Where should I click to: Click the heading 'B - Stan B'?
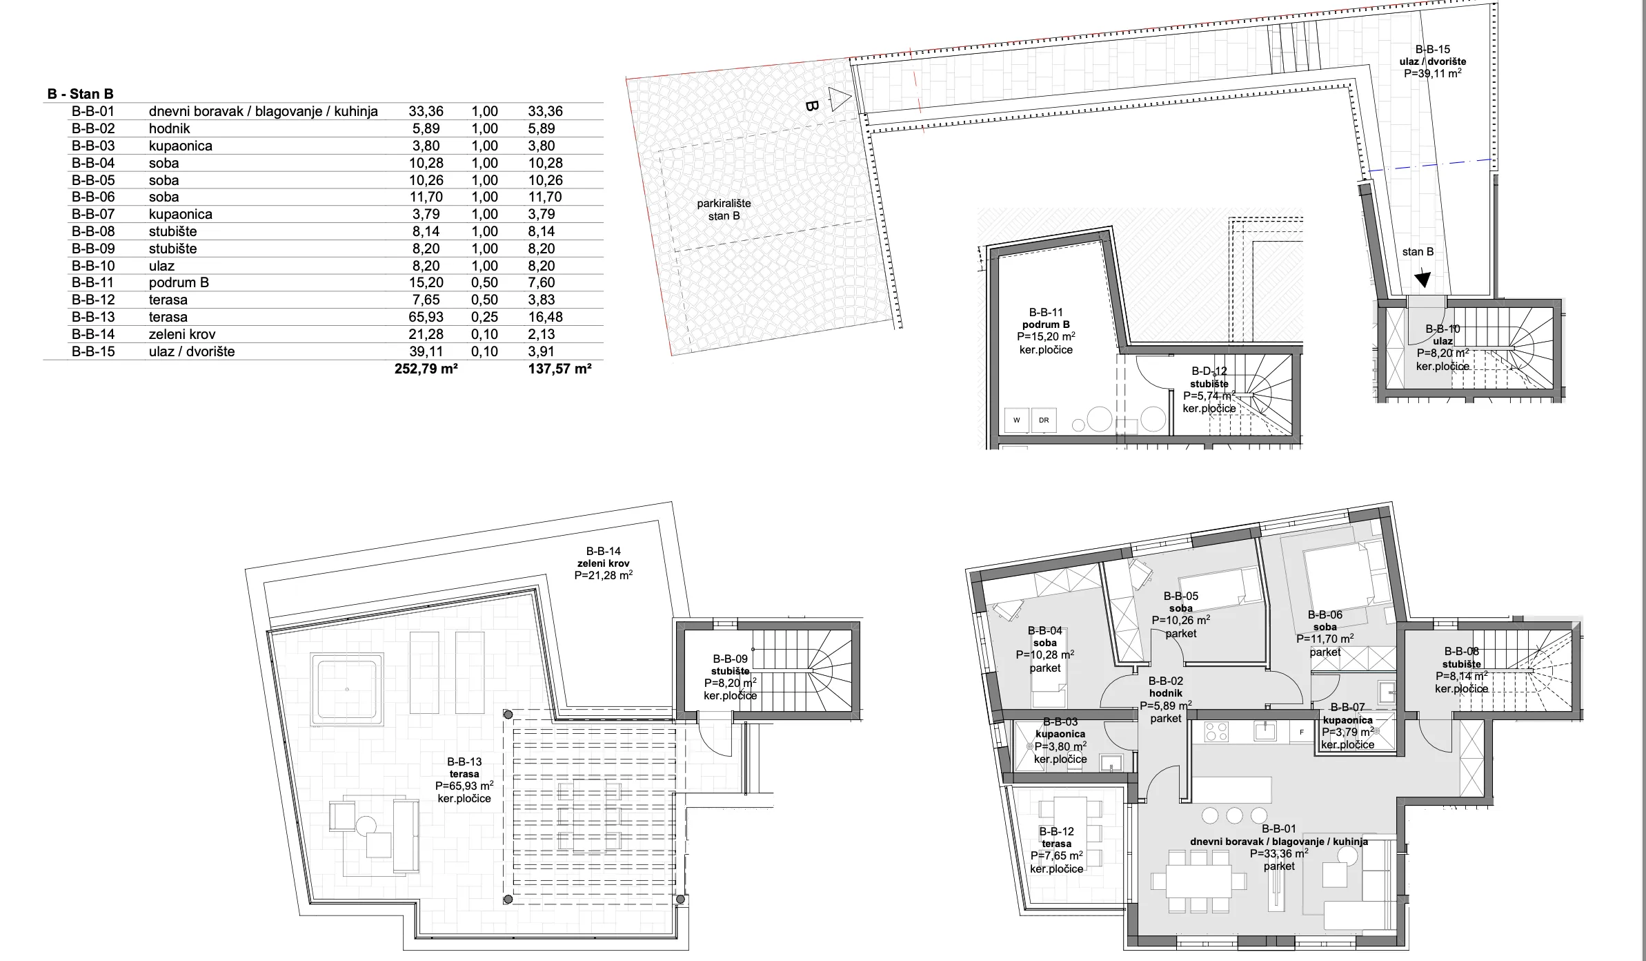80,94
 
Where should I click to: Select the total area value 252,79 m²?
426,369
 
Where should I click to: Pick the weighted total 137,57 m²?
559,369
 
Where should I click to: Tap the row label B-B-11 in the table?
93,282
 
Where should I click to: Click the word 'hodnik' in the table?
169,128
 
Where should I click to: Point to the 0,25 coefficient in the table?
484,317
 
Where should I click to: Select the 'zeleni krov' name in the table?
182,334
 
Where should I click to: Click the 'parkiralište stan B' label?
724,210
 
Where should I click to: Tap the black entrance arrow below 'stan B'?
1422,280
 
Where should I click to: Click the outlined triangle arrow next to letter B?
840,100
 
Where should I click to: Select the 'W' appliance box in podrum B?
1017,420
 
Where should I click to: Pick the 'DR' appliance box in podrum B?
1044,420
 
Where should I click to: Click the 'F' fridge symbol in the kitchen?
1302,732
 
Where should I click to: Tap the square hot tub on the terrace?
347,690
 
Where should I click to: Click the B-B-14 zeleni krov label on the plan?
604,563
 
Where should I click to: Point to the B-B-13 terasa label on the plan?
464,780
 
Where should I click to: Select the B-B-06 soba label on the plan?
1325,633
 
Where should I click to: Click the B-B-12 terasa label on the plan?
1057,850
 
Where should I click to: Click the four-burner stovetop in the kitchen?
1216,732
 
